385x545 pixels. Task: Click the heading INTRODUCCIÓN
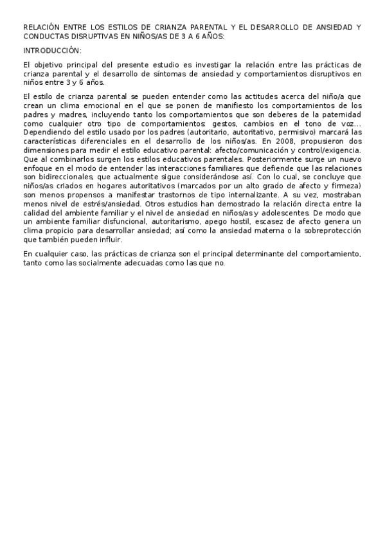(x=52, y=50)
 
